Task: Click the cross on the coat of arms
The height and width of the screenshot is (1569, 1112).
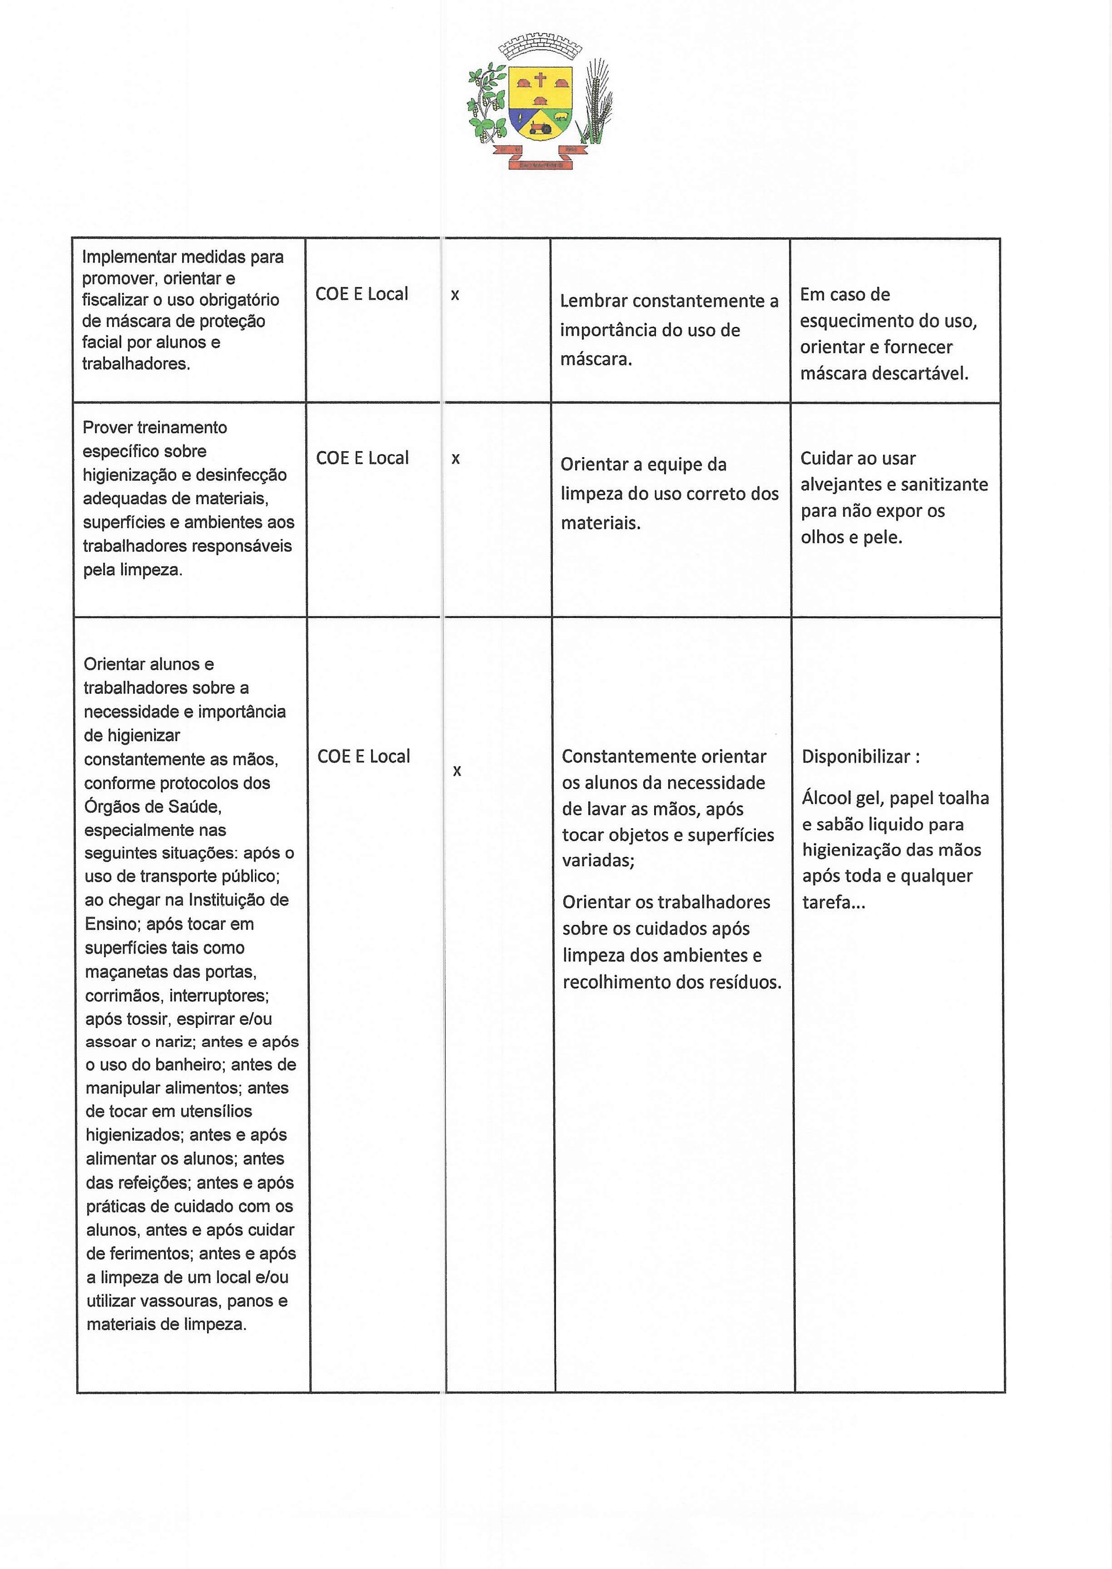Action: click(540, 79)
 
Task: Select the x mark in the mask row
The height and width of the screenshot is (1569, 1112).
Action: click(455, 295)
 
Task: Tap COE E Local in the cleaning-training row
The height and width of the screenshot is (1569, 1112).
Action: click(362, 458)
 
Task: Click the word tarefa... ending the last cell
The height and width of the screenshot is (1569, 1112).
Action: click(833, 903)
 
